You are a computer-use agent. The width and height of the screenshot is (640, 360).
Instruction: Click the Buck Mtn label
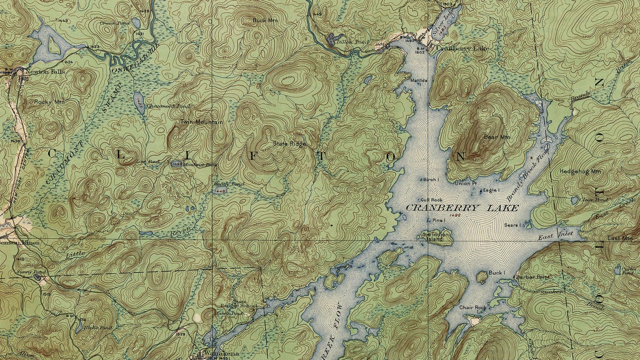pos(265,20)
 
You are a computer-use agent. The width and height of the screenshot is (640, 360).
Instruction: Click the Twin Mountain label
pos(201,122)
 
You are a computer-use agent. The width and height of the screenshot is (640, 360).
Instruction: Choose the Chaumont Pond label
pos(161,106)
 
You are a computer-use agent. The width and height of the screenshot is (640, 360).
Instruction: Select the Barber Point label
pos(534,277)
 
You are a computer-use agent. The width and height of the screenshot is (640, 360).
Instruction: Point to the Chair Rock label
pos(473,308)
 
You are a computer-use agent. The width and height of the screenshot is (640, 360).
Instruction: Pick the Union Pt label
pos(466,183)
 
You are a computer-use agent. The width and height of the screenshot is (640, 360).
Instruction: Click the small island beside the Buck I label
pos(481,276)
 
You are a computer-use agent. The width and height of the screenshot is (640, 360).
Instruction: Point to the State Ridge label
pos(289,143)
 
